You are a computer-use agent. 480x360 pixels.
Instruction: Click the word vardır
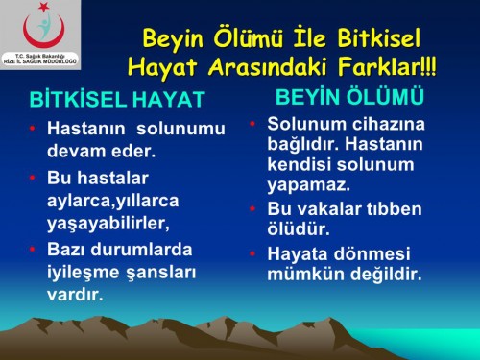click(x=76, y=293)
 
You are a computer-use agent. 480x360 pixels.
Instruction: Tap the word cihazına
click(x=385, y=124)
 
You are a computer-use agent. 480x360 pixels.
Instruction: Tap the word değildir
click(x=384, y=274)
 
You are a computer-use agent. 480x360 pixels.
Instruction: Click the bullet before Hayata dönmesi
click(x=253, y=253)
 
